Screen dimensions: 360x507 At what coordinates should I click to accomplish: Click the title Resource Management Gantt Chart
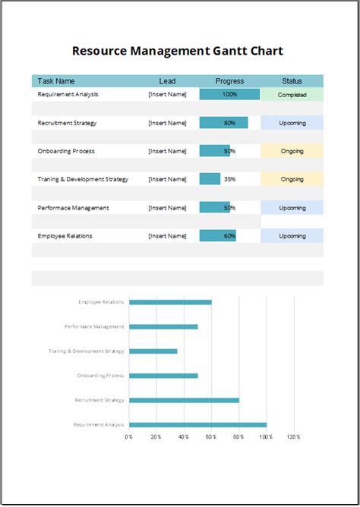click(x=177, y=52)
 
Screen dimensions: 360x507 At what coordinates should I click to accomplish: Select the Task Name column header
click(x=56, y=81)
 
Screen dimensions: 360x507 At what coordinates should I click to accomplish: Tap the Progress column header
click(x=229, y=81)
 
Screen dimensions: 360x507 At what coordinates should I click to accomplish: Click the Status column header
click(x=292, y=81)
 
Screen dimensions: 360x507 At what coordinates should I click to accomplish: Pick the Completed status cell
click(x=292, y=95)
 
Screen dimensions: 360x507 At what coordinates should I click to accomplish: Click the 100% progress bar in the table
click(x=229, y=95)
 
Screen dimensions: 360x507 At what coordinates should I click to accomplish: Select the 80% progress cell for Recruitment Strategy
click(x=224, y=123)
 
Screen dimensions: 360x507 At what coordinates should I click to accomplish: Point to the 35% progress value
click(x=229, y=179)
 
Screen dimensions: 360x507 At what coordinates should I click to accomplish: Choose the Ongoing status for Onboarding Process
click(x=292, y=151)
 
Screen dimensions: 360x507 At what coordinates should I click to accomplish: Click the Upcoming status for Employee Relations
click(x=292, y=236)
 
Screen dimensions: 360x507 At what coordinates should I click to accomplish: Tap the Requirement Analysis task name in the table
click(x=68, y=95)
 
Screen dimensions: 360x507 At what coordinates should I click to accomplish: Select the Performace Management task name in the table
click(x=74, y=208)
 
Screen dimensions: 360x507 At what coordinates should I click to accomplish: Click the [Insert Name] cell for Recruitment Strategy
click(x=167, y=123)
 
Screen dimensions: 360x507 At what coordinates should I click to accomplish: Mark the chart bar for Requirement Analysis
click(x=197, y=425)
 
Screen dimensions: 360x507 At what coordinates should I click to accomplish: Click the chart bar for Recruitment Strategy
click(x=184, y=400)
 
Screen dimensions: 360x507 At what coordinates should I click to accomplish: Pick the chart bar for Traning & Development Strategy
click(x=153, y=351)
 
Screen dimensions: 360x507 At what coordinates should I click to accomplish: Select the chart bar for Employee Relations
click(x=170, y=302)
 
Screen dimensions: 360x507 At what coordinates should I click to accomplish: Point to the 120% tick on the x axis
click(x=293, y=437)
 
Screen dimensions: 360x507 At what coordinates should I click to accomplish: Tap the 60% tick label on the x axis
click(x=211, y=437)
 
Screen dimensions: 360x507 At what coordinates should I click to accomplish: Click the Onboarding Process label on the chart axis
click(x=100, y=376)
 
